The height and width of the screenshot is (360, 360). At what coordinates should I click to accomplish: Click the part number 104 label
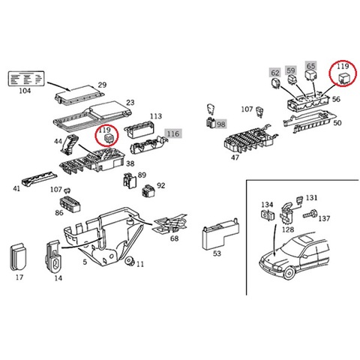pos(25,91)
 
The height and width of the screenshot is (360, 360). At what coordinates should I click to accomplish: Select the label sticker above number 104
pos(26,79)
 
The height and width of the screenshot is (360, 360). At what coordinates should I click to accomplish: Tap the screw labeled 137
pos(310,214)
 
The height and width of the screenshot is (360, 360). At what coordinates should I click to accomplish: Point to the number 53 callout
pos(217,253)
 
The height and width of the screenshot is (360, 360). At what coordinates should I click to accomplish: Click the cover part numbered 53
pos(220,234)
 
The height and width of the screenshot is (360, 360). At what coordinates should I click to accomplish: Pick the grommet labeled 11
pos(130,261)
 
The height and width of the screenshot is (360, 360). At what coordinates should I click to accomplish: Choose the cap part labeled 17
pos(19,256)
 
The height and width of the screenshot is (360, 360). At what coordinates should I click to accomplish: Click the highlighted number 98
pos(220,124)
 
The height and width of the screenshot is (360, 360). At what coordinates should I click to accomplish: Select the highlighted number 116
pos(173,133)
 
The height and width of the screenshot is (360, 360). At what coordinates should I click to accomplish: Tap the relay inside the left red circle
pos(109,138)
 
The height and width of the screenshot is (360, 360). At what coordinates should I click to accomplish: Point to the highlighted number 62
pos(275,73)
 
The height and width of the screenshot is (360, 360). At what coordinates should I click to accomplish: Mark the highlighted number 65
pos(310,66)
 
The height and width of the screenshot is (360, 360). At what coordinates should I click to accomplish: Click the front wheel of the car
pos(289,273)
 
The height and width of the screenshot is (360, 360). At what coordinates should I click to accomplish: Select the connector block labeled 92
pos(148,191)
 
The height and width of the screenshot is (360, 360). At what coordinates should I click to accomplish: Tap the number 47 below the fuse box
pos(235,157)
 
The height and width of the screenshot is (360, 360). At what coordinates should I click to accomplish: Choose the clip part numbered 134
pos(267,215)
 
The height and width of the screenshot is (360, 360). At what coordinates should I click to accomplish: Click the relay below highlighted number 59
pos(292,79)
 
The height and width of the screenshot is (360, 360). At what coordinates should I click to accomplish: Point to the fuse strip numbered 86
pos(70,205)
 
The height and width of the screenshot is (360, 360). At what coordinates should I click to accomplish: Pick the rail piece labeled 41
pos(39,178)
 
